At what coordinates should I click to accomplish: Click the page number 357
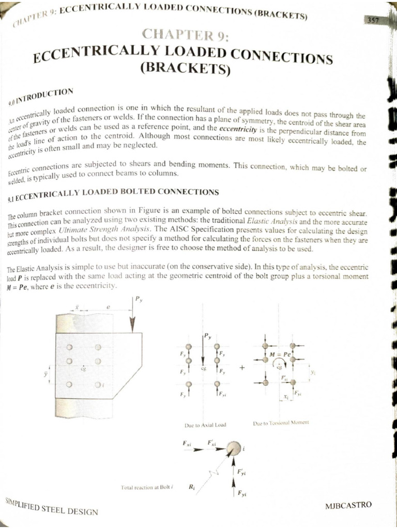(372, 20)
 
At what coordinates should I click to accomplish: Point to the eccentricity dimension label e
(108, 307)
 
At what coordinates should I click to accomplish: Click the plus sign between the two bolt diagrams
(241, 368)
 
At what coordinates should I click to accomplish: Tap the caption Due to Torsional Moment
(281, 423)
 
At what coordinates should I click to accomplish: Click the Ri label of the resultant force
(191, 487)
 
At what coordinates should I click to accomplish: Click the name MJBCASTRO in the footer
(348, 505)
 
